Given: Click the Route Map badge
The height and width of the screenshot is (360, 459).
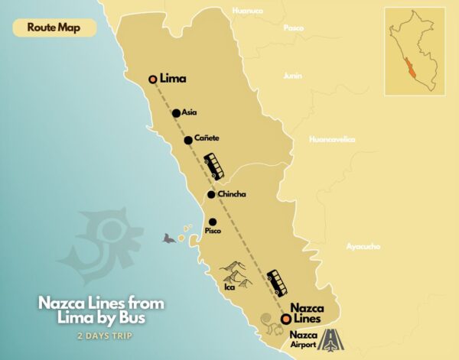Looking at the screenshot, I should [54, 27].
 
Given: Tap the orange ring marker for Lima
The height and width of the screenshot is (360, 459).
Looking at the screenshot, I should [153, 79].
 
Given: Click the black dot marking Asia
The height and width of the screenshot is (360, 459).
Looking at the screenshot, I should [176, 113].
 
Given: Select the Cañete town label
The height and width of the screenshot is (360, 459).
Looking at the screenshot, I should [207, 138].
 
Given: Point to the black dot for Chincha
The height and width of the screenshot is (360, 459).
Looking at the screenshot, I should [210, 194].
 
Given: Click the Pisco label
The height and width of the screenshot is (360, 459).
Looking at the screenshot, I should [213, 230].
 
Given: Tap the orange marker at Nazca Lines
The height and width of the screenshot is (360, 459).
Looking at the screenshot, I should [286, 319].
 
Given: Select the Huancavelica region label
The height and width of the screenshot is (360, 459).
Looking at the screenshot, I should [332, 139].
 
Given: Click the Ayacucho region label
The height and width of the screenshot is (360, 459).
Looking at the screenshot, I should [364, 246].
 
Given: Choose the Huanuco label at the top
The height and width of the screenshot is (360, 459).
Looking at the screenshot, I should [247, 11].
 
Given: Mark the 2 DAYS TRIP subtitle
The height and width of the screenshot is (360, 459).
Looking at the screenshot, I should [101, 336].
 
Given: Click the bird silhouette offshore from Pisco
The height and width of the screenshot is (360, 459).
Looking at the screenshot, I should [167, 238].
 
